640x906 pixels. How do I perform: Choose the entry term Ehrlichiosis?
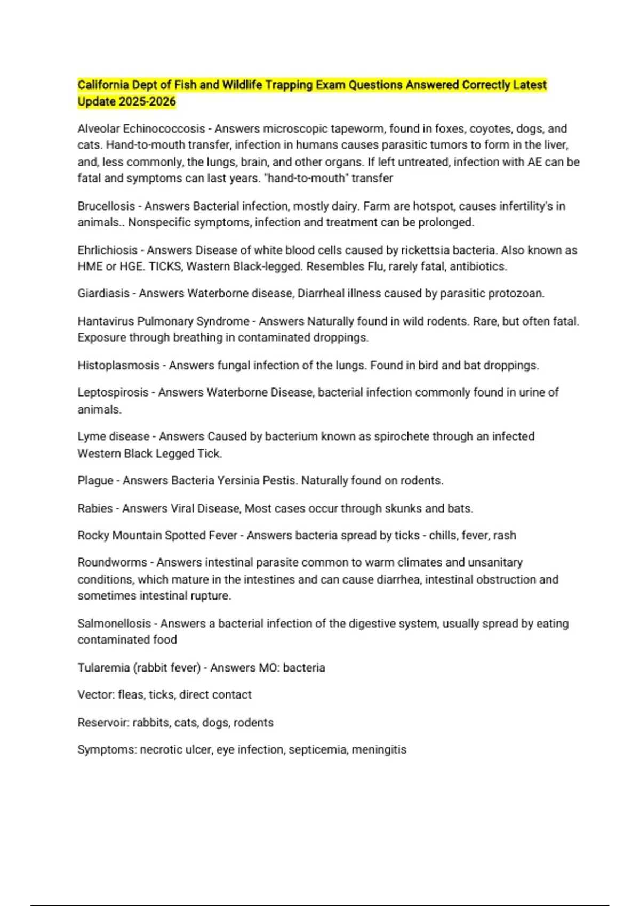107,250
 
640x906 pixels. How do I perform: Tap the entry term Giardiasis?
103,293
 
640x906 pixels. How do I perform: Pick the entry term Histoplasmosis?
118,366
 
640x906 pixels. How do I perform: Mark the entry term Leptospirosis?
113,392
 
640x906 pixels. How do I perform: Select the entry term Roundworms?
112,562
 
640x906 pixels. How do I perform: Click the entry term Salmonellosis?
114,624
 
